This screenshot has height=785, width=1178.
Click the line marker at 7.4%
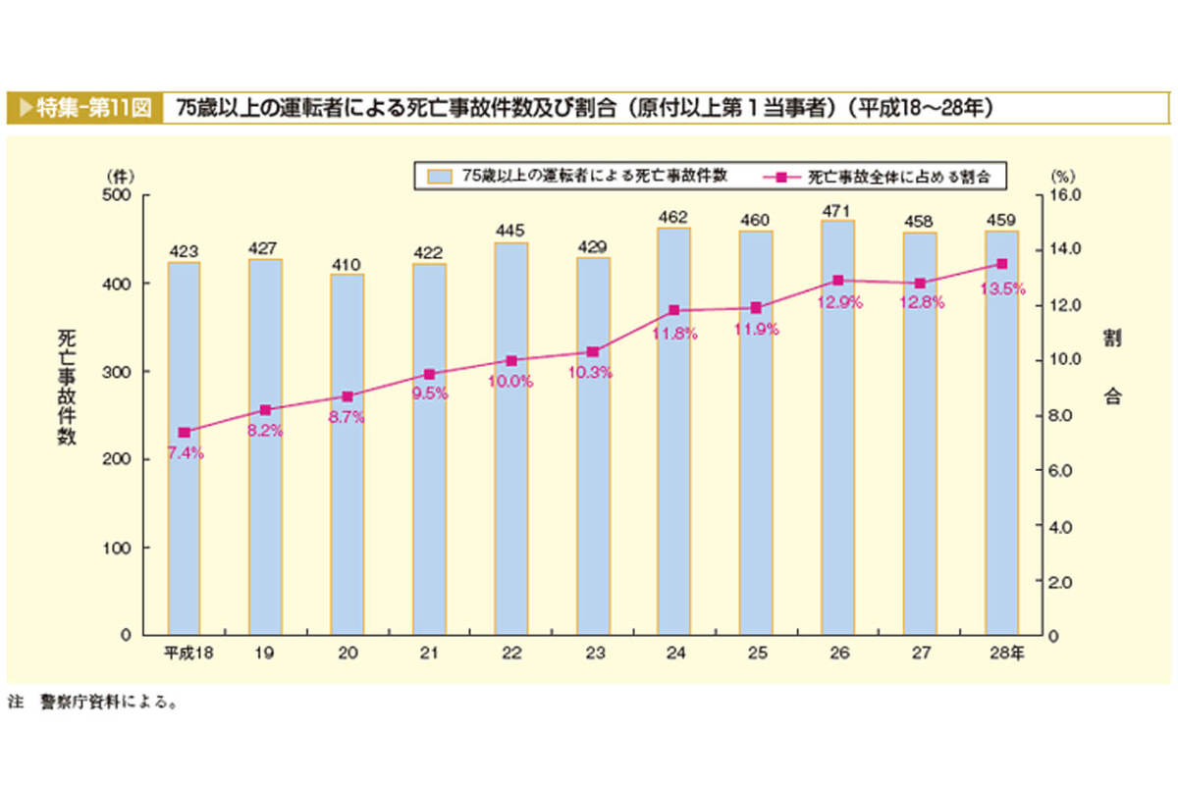coord(184,432)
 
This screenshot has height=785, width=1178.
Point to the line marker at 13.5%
coord(1001,263)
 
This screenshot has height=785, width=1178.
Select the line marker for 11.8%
coord(674,310)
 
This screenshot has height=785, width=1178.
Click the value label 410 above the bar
coord(347,264)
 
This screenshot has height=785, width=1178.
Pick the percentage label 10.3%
coord(592,372)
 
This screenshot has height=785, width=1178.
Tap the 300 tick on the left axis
coord(121,371)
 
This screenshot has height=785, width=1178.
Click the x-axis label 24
coord(674,653)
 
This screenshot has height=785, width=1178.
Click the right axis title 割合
coord(1112,368)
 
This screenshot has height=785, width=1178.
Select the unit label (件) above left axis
coord(121,175)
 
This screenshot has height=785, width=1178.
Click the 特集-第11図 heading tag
coord(84,107)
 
